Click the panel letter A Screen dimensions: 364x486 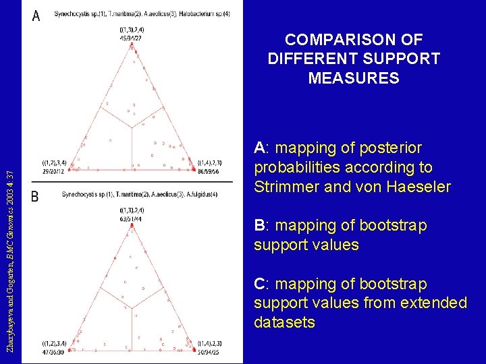(x=36, y=16)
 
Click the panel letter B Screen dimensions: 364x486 (x=35, y=197)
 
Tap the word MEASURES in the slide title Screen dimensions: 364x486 (x=354, y=78)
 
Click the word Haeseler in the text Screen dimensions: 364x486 (x=418, y=187)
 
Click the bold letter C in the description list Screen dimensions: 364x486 (x=259, y=284)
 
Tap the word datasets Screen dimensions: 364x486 (x=284, y=323)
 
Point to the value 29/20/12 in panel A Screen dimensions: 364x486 (x=54, y=173)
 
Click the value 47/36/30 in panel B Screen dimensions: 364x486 (x=54, y=353)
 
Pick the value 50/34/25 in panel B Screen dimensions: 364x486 (x=208, y=352)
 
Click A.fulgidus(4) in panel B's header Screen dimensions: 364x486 (x=202, y=195)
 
